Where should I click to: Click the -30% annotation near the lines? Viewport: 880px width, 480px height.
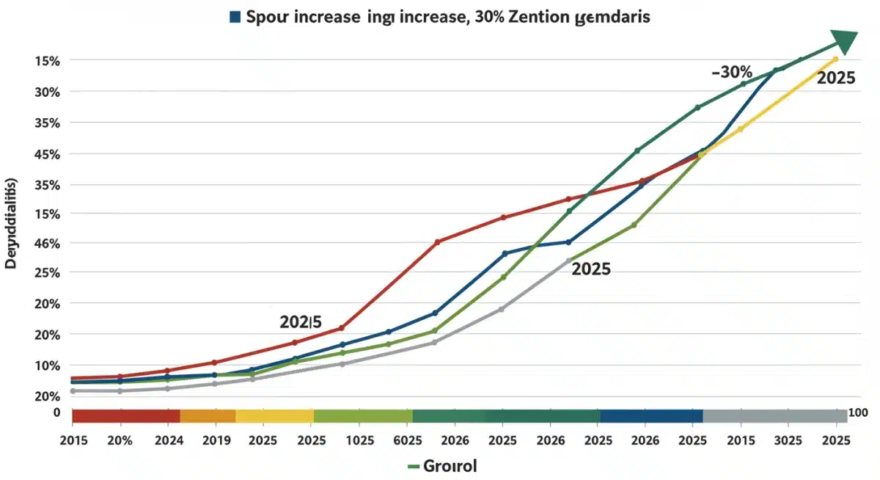pos(732,72)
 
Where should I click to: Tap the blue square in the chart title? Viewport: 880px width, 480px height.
pos(235,18)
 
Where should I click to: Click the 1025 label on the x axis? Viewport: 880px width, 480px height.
pos(358,440)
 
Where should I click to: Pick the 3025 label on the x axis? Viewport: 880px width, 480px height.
pos(788,440)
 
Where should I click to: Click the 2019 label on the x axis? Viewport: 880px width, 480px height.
pos(215,440)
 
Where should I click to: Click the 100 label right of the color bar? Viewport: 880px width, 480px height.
pos(857,414)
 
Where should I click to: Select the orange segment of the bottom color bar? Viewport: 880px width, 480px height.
pos(208,416)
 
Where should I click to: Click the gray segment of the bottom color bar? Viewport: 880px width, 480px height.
pos(774,416)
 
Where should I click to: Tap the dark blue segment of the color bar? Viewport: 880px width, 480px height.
pos(650,416)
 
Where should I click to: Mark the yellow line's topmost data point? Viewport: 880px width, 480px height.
pos(835,59)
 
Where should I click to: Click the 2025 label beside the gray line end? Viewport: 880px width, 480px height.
pos(591,269)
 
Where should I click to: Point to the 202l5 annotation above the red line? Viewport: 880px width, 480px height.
pos(301,321)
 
